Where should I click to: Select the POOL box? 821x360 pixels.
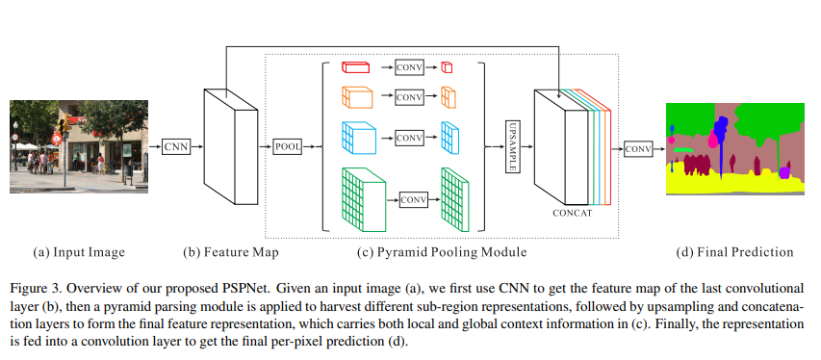[x=288, y=146]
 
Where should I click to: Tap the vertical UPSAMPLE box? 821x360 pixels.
[x=512, y=146]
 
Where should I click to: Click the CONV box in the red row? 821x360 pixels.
[x=409, y=66]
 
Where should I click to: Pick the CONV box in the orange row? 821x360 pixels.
[x=409, y=97]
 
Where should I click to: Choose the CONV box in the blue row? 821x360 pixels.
[x=409, y=137]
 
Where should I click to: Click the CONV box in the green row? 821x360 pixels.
[x=413, y=199]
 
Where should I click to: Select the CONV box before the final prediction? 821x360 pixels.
[x=638, y=148]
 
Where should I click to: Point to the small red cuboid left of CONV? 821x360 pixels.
[x=356, y=66]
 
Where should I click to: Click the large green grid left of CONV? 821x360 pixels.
[x=362, y=199]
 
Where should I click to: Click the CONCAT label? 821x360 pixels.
[x=572, y=213]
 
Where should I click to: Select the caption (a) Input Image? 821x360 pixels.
[x=79, y=252]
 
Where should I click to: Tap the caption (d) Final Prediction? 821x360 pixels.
[x=735, y=252]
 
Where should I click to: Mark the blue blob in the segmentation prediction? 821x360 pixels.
[x=720, y=125]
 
